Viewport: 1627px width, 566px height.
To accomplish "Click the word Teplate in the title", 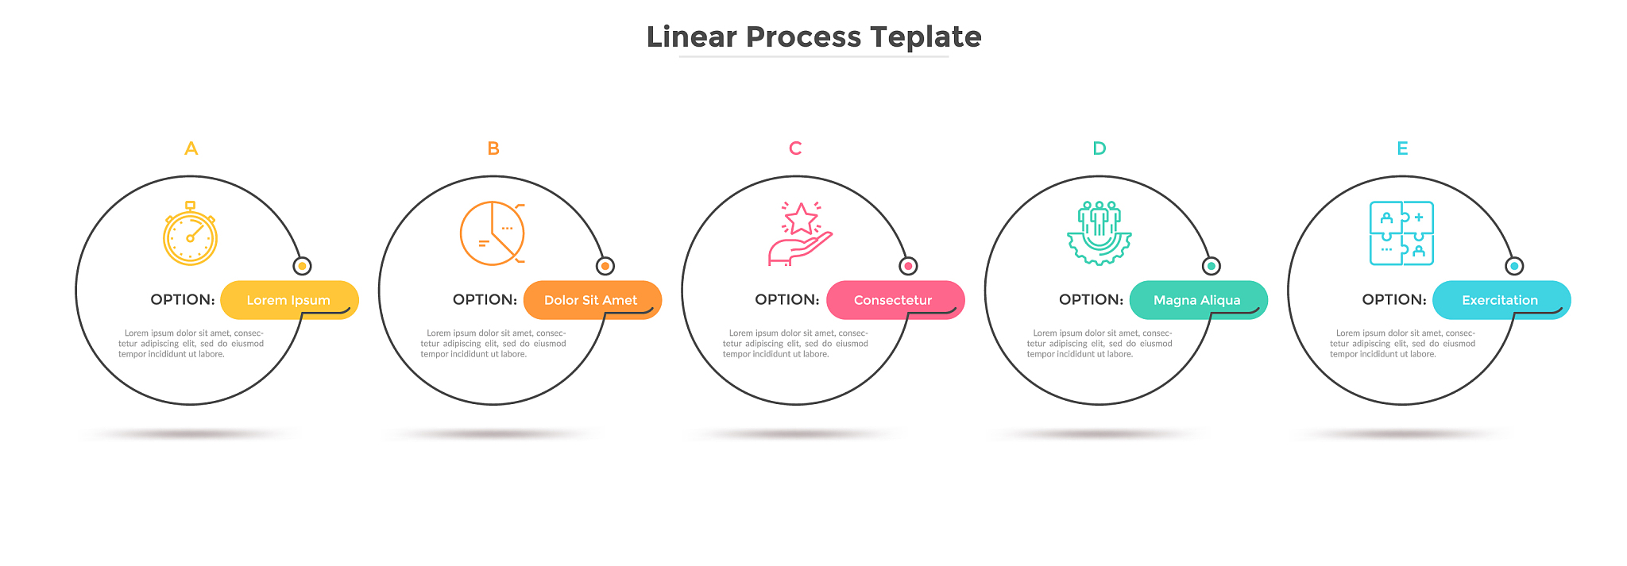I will (x=926, y=37).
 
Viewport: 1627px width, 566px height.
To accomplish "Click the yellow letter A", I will (x=191, y=148).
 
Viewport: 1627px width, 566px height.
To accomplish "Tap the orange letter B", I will (x=493, y=148).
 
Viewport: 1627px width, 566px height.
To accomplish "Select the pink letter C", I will (x=795, y=148).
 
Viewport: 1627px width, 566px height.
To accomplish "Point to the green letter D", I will (x=1099, y=148).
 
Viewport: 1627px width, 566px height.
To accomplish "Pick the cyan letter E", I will (x=1402, y=148).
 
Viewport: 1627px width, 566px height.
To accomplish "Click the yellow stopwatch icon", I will (x=190, y=233).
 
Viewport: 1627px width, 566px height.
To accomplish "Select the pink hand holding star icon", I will (x=799, y=233).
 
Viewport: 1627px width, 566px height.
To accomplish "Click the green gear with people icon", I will (x=1099, y=233).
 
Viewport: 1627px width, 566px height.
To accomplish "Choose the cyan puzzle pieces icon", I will (x=1401, y=233).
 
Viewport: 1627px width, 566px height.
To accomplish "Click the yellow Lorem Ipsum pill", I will (x=289, y=300).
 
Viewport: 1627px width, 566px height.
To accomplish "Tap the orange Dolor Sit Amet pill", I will (x=592, y=300).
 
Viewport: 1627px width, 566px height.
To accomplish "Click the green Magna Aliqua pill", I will (x=1198, y=300).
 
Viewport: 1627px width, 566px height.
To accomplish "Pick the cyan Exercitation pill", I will (x=1501, y=300).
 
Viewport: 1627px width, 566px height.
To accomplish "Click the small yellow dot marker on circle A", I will (x=302, y=266).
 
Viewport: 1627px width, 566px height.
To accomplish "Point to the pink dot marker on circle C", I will (x=908, y=266).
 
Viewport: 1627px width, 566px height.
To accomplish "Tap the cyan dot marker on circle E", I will (x=1514, y=266).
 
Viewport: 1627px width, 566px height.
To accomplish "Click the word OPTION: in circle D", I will (x=1091, y=300).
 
